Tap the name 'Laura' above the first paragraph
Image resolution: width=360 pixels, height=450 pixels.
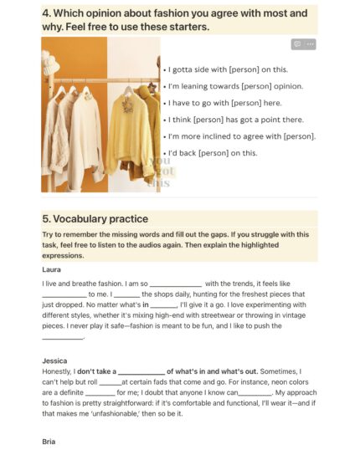[52, 270]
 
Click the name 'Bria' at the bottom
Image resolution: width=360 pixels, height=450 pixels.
[49, 440]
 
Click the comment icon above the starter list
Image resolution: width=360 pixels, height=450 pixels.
[296, 43]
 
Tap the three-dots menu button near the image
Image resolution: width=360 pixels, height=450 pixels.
[311, 43]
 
